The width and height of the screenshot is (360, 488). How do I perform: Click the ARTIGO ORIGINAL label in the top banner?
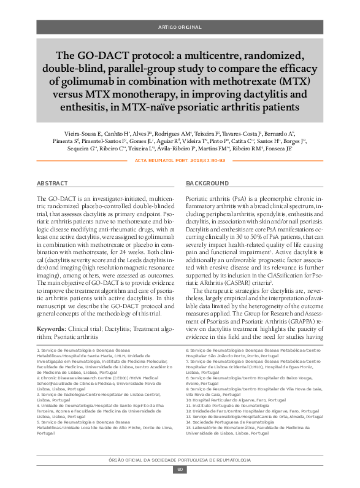coord(180,28)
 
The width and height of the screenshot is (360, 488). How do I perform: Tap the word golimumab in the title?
coord(92,80)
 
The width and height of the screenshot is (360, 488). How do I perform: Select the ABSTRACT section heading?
coord(52,184)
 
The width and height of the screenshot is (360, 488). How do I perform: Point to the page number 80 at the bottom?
coord(180,470)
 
